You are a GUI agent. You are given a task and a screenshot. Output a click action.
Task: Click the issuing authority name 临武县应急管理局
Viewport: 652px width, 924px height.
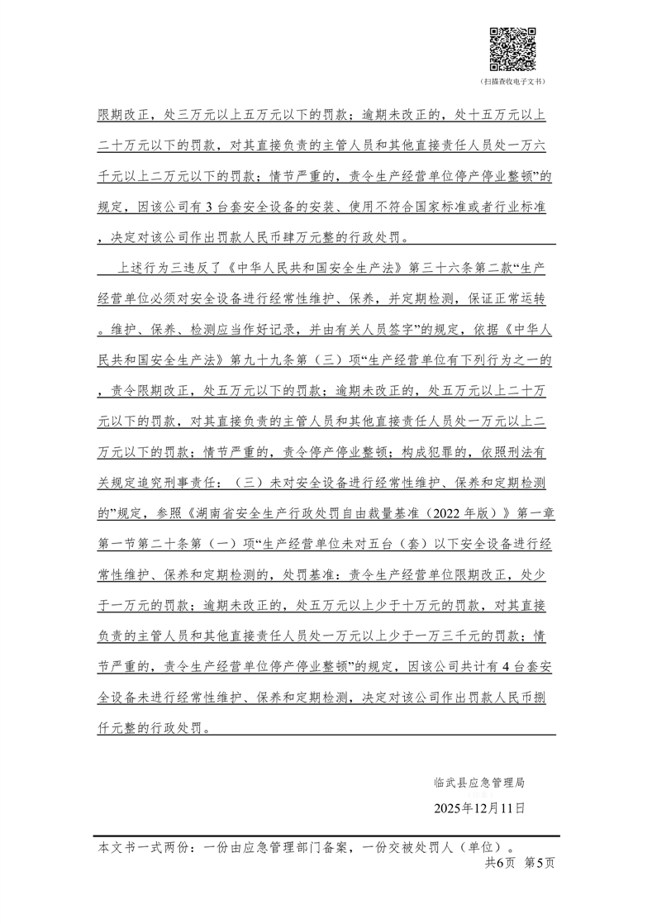[478, 781]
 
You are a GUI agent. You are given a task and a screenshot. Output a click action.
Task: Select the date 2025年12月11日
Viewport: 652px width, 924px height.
[479, 807]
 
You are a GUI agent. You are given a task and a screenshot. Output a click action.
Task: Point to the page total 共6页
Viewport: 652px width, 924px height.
[500, 862]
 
